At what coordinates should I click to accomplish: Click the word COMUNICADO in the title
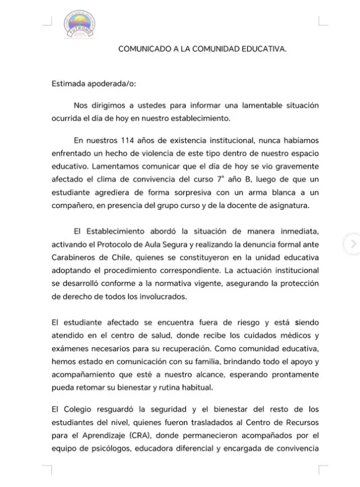143,50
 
